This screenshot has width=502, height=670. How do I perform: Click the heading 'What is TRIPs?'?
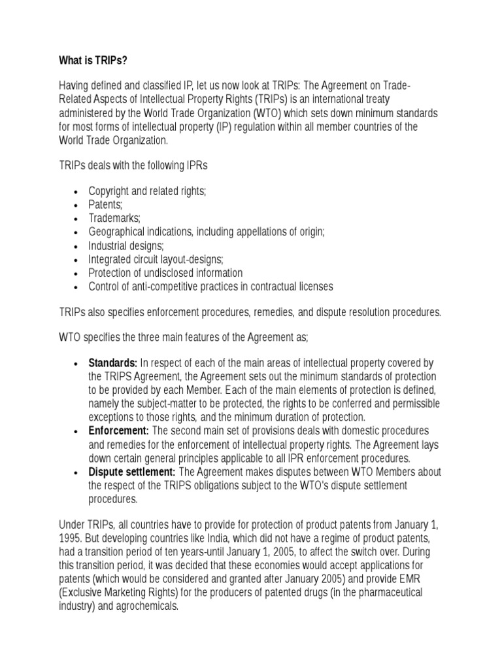point(93,62)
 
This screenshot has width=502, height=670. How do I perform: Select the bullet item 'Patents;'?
point(105,205)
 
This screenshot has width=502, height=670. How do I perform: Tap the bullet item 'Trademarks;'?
point(114,219)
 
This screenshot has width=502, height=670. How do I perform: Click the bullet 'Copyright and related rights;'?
point(147,191)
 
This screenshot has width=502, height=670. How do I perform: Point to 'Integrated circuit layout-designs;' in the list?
point(156,260)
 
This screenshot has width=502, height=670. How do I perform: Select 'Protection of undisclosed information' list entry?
point(165,273)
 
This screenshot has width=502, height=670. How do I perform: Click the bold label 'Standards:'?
point(113,362)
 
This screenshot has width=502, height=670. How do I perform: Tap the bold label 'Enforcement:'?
point(118,431)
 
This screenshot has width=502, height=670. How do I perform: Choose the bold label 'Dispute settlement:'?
point(132,472)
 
